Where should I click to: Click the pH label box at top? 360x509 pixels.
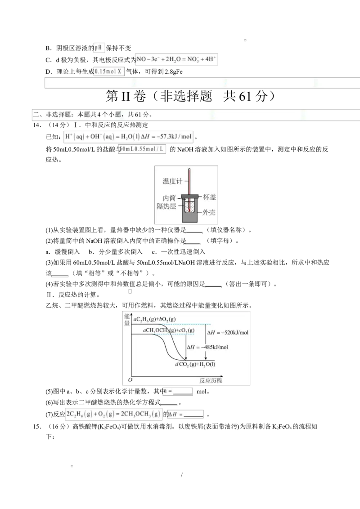99,48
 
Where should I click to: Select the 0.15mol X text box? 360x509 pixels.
109,71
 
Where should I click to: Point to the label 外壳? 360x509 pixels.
209,212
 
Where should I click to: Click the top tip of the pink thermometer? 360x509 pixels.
190,170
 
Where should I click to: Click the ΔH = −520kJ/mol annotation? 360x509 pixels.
228,332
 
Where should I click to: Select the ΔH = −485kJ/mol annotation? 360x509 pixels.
207,347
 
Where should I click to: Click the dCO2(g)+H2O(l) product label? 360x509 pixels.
195,364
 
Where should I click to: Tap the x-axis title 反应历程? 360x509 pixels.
211,380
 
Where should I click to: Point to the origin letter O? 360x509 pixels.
130,380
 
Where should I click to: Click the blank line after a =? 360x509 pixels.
183,392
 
